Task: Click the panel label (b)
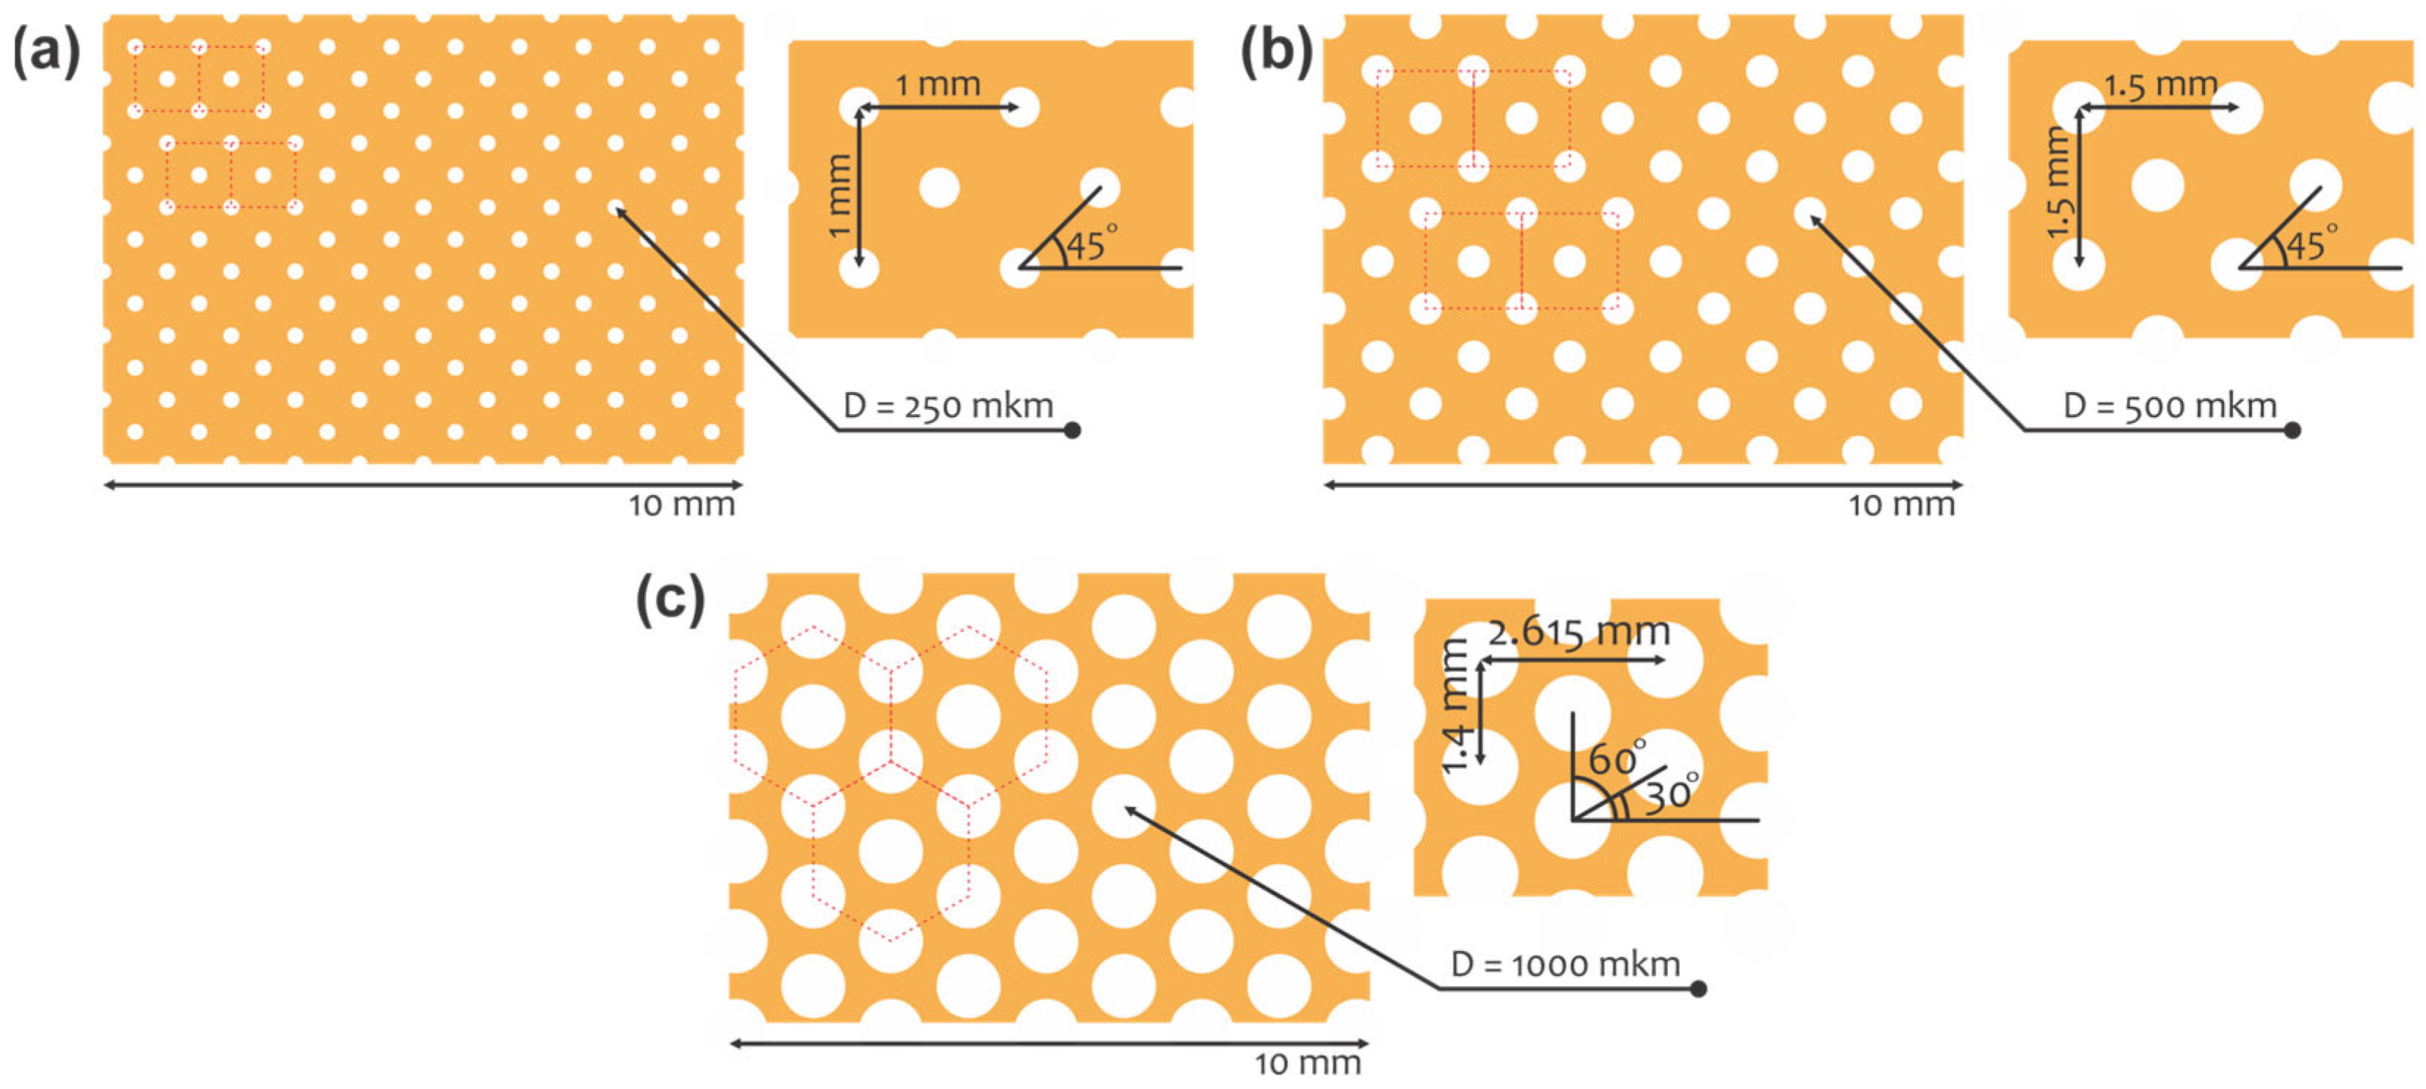coord(1276,52)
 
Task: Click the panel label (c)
coord(669,599)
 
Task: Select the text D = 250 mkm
coord(948,406)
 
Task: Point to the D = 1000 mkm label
coord(1565,965)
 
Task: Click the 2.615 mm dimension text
coord(1578,632)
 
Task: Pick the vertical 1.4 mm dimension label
coord(1455,706)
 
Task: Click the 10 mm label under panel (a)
coord(682,506)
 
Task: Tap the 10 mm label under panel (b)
coord(1902,506)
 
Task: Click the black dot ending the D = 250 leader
coord(1071,430)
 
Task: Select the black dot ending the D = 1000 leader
coord(1698,989)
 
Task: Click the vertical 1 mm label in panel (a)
coord(838,196)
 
